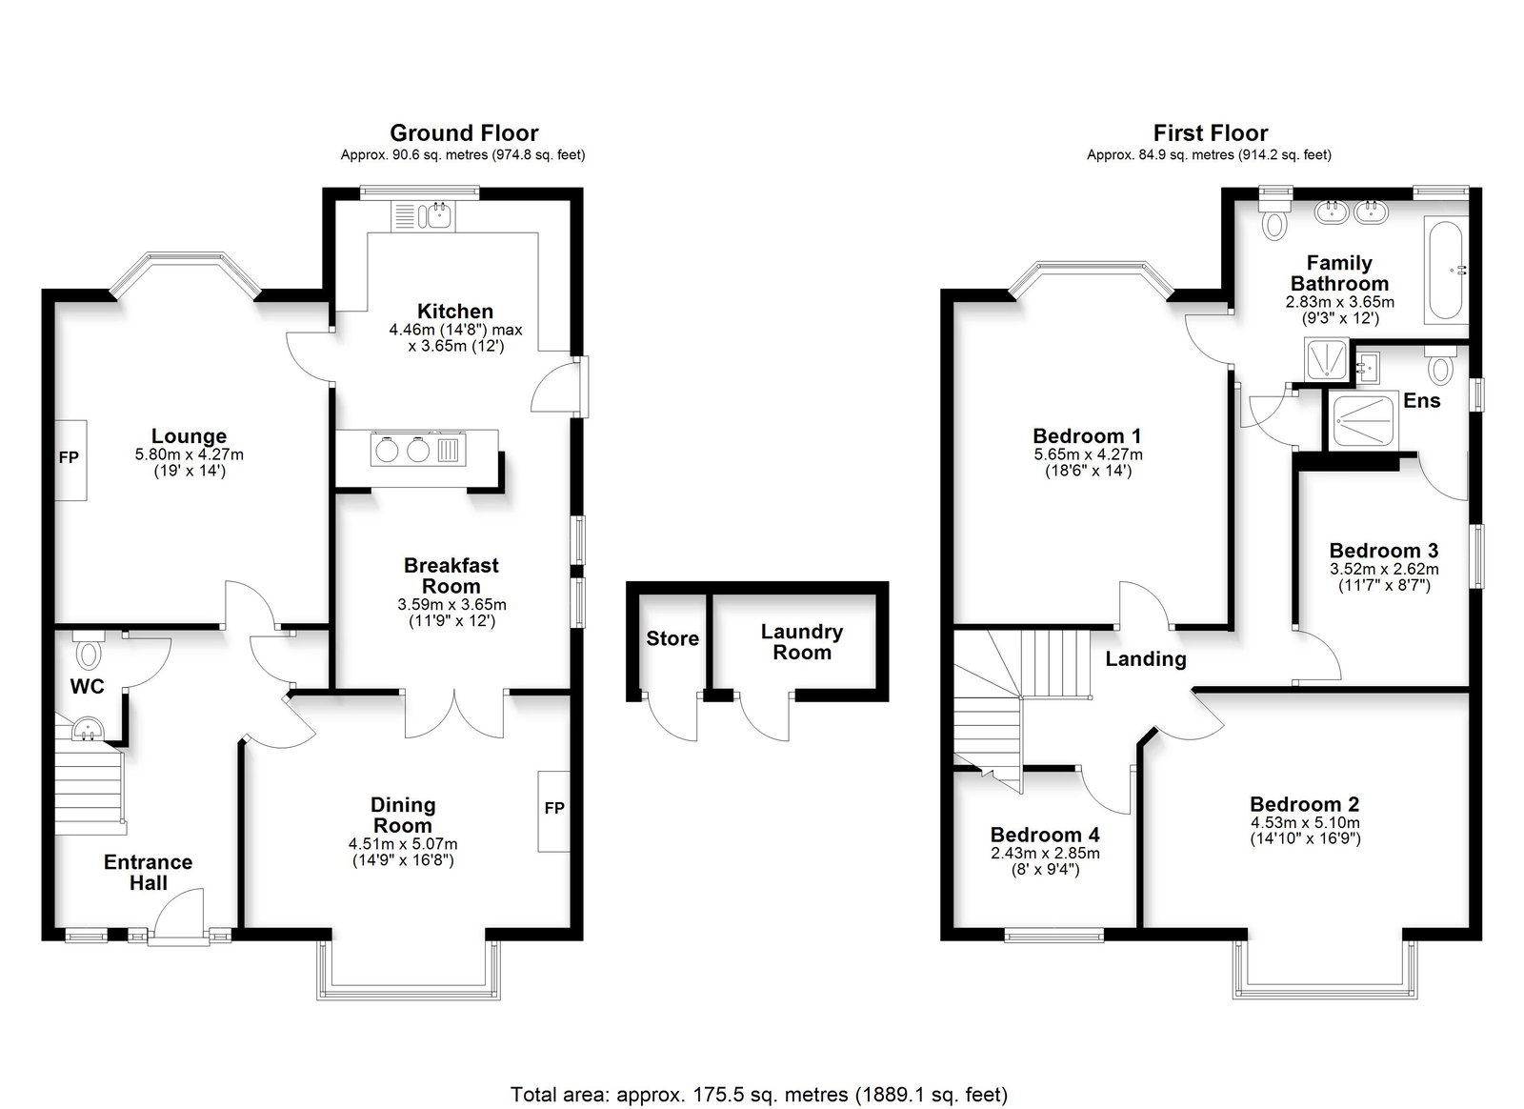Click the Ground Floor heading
click(x=463, y=132)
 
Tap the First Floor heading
click(x=1211, y=132)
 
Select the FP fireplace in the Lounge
click(x=70, y=460)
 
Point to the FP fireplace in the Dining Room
click(x=553, y=811)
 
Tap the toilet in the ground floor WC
click(x=88, y=651)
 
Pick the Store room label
click(x=672, y=638)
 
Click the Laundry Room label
click(x=801, y=641)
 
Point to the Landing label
click(x=1146, y=658)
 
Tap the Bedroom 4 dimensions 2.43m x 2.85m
click(x=1045, y=853)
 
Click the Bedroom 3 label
click(x=1384, y=550)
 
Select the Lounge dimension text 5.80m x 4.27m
click(x=190, y=454)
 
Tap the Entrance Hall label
click(x=149, y=872)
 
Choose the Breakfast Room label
click(x=451, y=575)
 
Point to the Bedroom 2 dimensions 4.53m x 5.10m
click(x=1305, y=822)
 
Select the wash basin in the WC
click(x=87, y=730)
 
